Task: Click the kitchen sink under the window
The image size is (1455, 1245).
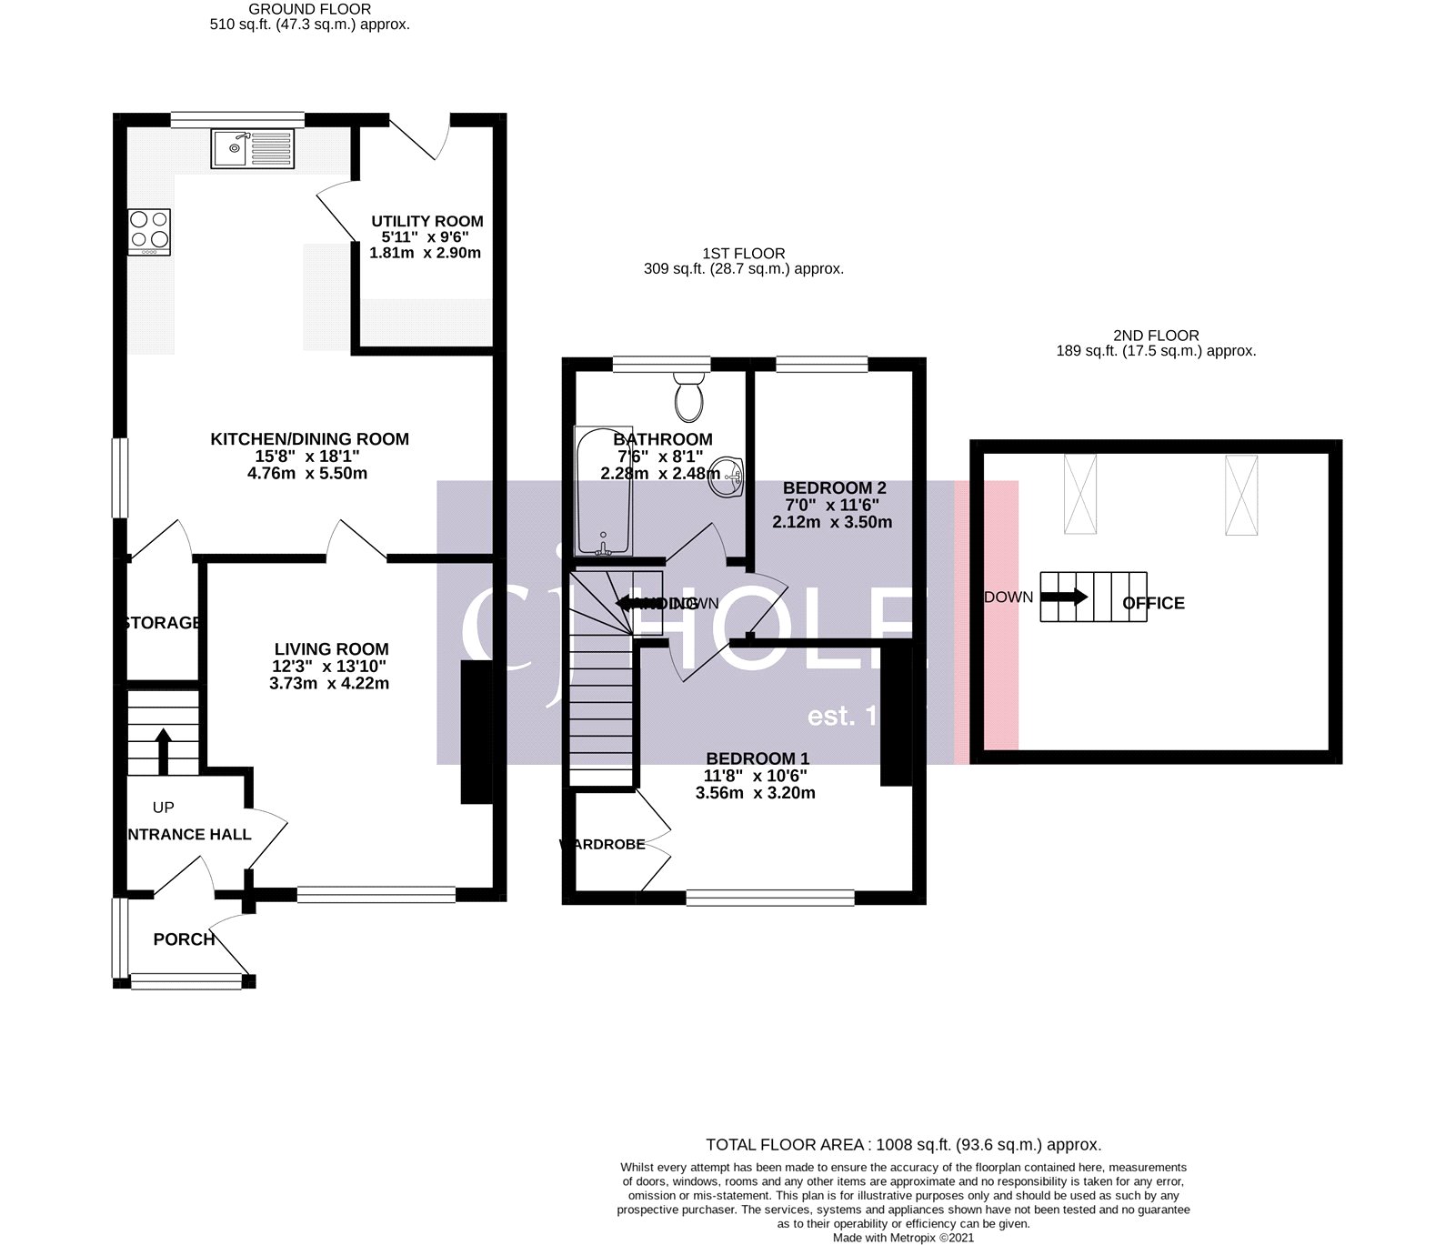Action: click(254, 148)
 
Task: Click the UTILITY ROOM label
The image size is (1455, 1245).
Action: click(426, 221)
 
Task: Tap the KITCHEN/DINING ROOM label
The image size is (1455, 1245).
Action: click(309, 439)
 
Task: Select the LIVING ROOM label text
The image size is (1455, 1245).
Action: click(331, 649)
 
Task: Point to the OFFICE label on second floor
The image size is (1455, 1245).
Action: click(1153, 603)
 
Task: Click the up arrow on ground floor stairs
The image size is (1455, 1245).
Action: click(164, 748)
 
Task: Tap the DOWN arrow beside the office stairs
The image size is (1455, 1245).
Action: click(1064, 597)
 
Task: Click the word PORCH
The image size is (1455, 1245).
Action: click(184, 939)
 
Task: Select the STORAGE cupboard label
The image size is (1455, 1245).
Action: click(162, 623)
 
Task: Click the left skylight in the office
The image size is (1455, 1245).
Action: click(1080, 495)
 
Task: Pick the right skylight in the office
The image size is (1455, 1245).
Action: click(1240, 495)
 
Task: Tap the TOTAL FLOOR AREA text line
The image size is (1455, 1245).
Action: click(903, 1145)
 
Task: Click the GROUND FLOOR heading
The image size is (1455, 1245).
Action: click(309, 9)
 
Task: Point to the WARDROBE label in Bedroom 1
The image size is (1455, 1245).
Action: click(602, 845)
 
